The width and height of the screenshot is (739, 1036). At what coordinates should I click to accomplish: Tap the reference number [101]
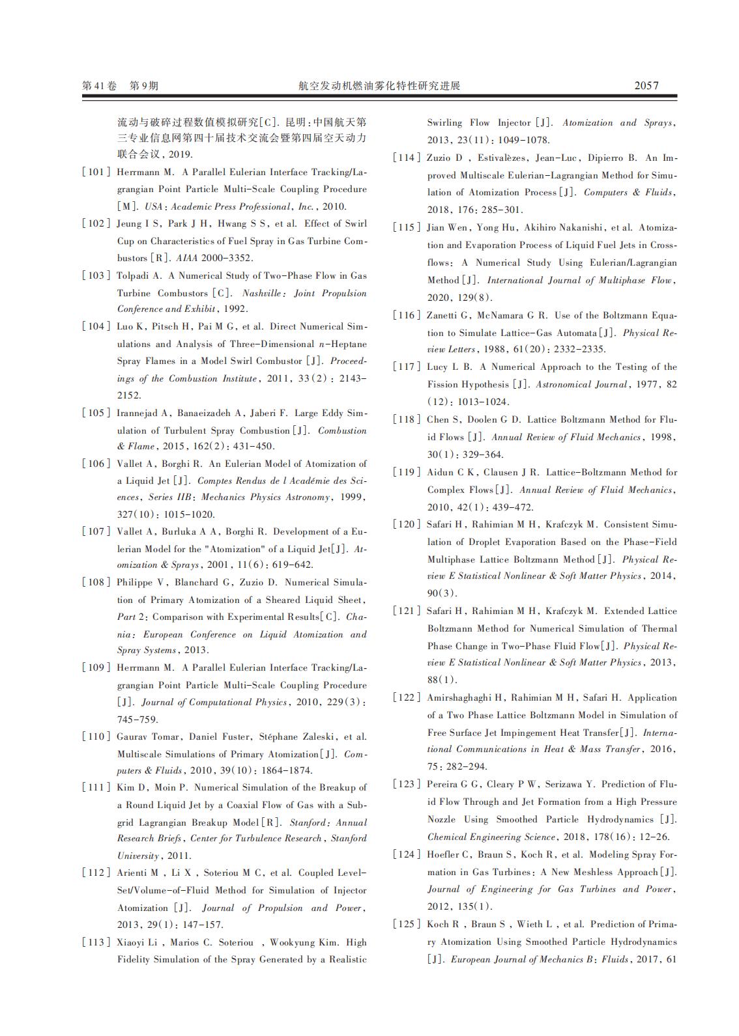coord(96,172)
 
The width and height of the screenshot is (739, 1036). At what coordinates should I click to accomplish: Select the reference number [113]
coord(96,942)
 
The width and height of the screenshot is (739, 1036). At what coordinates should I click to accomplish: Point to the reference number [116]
coord(406,315)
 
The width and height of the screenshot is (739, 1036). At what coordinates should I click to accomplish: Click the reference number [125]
coord(406,924)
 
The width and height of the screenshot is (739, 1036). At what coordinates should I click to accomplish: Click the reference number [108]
coord(96,582)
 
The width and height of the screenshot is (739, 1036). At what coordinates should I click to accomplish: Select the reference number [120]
coord(406,524)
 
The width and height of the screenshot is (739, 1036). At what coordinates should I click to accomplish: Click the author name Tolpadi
coord(134,275)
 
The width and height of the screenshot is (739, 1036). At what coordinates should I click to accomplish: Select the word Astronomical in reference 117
coord(562,384)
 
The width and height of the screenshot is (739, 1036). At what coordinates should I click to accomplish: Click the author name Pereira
coord(443,784)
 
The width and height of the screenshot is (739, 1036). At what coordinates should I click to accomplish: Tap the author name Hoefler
coord(443,854)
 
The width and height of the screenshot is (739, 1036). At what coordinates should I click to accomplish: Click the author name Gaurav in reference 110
coord(133,736)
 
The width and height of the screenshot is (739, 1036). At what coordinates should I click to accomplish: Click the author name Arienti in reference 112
coord(133,873)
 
